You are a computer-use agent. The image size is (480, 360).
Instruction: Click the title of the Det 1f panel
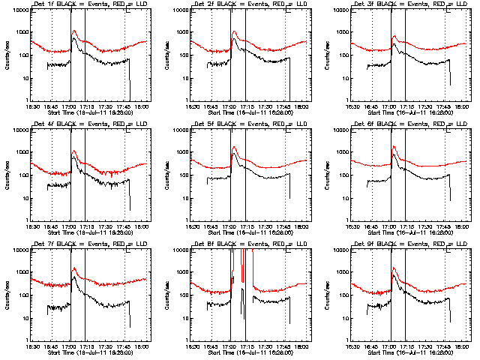89,5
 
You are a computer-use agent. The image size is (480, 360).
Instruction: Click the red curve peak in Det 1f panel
73,31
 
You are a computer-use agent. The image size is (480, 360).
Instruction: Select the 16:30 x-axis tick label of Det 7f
32,346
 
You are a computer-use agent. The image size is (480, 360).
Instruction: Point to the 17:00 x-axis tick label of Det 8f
231,346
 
